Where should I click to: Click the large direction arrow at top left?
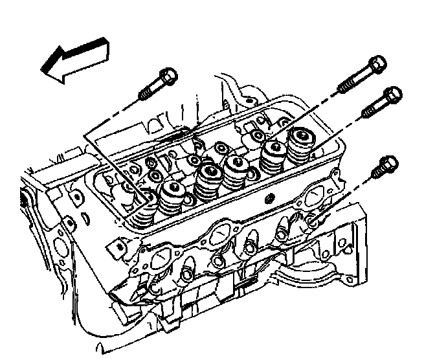[72, 60]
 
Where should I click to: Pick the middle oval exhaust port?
[225, 233]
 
